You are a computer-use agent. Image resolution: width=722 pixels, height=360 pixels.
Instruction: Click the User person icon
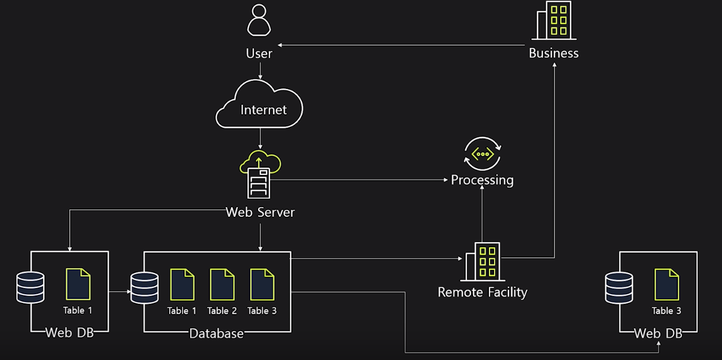[x=259, y=20]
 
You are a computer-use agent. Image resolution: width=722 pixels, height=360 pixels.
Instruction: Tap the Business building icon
[x=554, y=20]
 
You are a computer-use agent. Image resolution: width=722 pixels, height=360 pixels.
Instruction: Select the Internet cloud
[x=260, y=105]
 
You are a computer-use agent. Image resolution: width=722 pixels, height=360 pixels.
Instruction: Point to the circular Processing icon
[x=483, y=153]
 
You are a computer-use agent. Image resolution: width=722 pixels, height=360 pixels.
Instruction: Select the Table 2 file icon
[x=222, y=284]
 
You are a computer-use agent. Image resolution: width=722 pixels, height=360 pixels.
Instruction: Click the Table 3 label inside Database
[x=262, y=311]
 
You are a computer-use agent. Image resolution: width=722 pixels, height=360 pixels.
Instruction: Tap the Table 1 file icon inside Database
[x=182, y=284]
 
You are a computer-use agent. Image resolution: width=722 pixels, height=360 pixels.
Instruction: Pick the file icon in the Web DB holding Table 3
[x=667, y=284]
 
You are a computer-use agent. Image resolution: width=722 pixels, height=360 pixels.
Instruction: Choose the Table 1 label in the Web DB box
[x=78, y=310]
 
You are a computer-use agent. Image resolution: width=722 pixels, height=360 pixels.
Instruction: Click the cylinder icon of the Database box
[x=144, y=288]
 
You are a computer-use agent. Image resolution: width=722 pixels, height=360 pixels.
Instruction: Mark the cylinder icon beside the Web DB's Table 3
[x=619, y=288]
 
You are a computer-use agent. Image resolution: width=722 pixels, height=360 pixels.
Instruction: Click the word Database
[x=217, y=333]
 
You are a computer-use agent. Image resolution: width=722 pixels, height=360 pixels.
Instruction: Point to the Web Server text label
[x=260, y=212]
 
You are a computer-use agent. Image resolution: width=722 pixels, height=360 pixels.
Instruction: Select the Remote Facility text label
[x=482, y=292]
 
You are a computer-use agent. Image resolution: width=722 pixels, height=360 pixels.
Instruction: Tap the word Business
[x=553, y=53]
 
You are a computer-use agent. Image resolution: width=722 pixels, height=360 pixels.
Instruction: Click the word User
[x=259, y=54]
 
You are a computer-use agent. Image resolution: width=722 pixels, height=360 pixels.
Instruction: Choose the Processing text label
[x=482, y=180]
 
